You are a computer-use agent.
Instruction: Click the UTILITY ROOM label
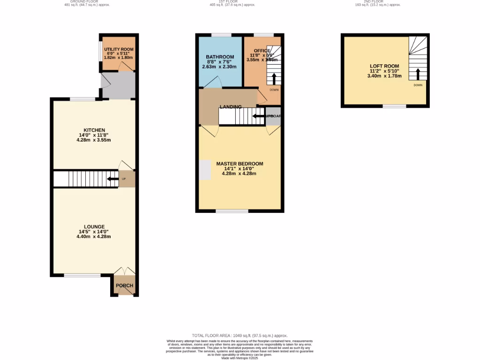coord(119,49)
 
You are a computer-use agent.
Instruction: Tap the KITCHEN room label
coord(94,130)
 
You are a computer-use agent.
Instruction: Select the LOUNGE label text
coord(94,226)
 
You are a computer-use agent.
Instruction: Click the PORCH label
coord(124,285)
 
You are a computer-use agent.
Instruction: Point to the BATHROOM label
coord(220,57)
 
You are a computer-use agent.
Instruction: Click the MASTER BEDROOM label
coord(240,164)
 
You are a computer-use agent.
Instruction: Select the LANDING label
coord(230,107)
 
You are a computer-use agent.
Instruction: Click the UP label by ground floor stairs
coord(124,179)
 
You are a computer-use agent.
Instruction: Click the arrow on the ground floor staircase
coord(112,179)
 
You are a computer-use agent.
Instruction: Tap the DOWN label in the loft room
coord(418,85)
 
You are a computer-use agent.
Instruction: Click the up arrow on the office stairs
coord(274,78)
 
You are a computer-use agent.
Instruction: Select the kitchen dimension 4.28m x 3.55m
coord(94,140)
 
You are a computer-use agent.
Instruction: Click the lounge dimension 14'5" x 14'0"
coord(94,232)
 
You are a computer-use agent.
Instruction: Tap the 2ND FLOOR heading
coord(376,1)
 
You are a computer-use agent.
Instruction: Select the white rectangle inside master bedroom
coord(205,170)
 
